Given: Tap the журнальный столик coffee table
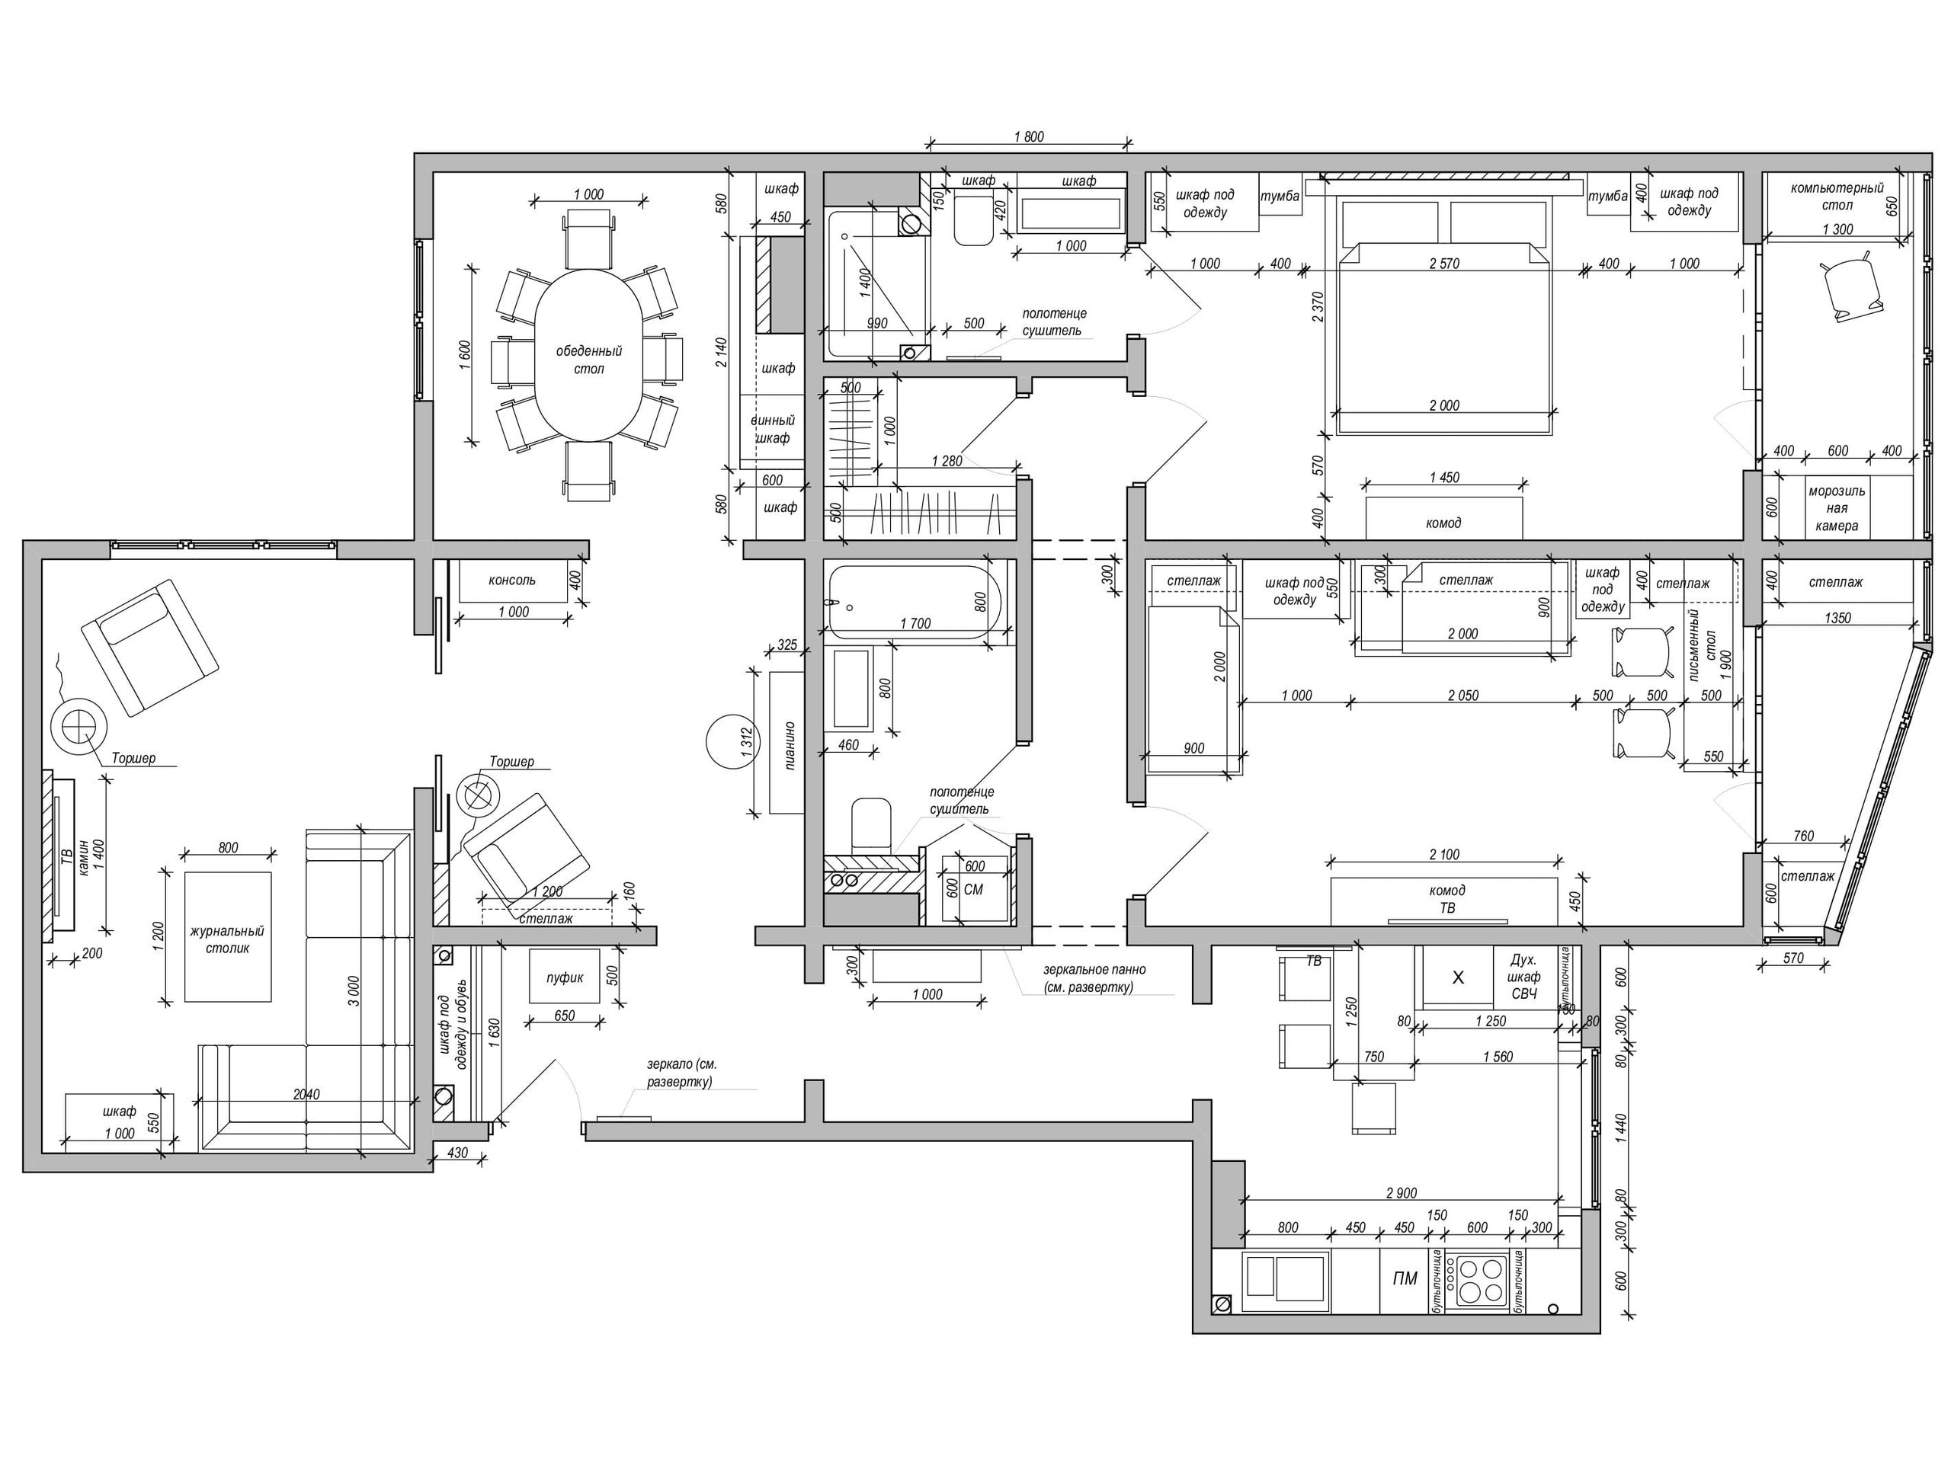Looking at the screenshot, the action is [x=228, y=936].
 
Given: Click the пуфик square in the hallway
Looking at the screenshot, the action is [x=565, y=976].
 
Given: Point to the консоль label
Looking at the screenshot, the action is [x=511, y=581].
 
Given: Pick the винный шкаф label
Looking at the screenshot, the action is [x=773, y=430].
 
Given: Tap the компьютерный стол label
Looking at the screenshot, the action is [x=1837, y=196].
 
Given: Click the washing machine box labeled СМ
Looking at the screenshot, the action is [x=974, y=888].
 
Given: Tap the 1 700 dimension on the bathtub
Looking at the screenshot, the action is [x=915, y=623].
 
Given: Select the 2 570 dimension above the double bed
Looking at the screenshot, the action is [x=1444, y=263].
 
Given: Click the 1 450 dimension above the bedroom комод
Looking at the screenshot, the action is [x=1444, y=477].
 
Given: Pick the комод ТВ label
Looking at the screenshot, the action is [x=1446, y=898].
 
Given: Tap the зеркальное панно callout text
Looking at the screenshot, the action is [x=1094, y=979].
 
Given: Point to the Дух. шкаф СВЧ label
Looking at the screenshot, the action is [x=1524, y=977].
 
